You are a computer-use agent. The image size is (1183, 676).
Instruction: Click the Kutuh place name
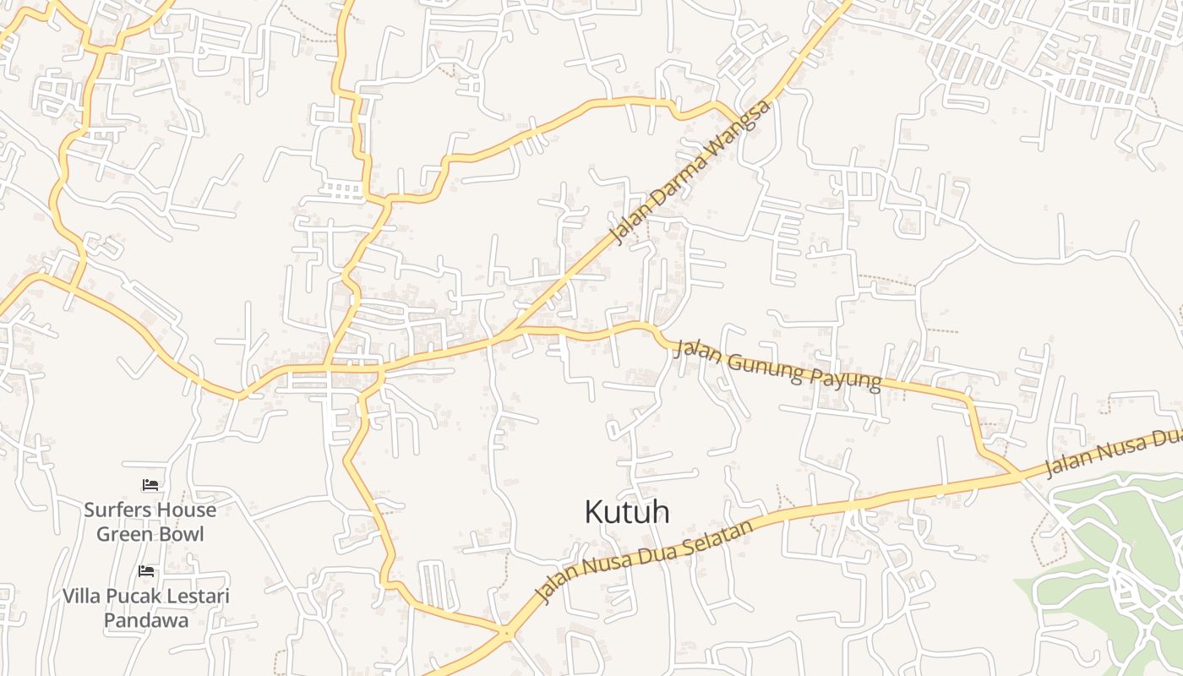tap(627, 512)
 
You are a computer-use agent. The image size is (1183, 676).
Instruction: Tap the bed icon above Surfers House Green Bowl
tap(150, 485)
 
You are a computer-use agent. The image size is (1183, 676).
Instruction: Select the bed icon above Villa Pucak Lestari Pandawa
tap(147, 571)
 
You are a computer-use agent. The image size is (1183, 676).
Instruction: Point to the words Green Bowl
tap(150, 534)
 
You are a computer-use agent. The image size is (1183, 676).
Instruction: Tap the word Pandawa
tap(145, 620)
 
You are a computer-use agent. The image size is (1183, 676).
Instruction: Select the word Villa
tap(81, 597)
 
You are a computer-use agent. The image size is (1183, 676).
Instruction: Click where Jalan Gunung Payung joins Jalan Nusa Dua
tap(1019, 475)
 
